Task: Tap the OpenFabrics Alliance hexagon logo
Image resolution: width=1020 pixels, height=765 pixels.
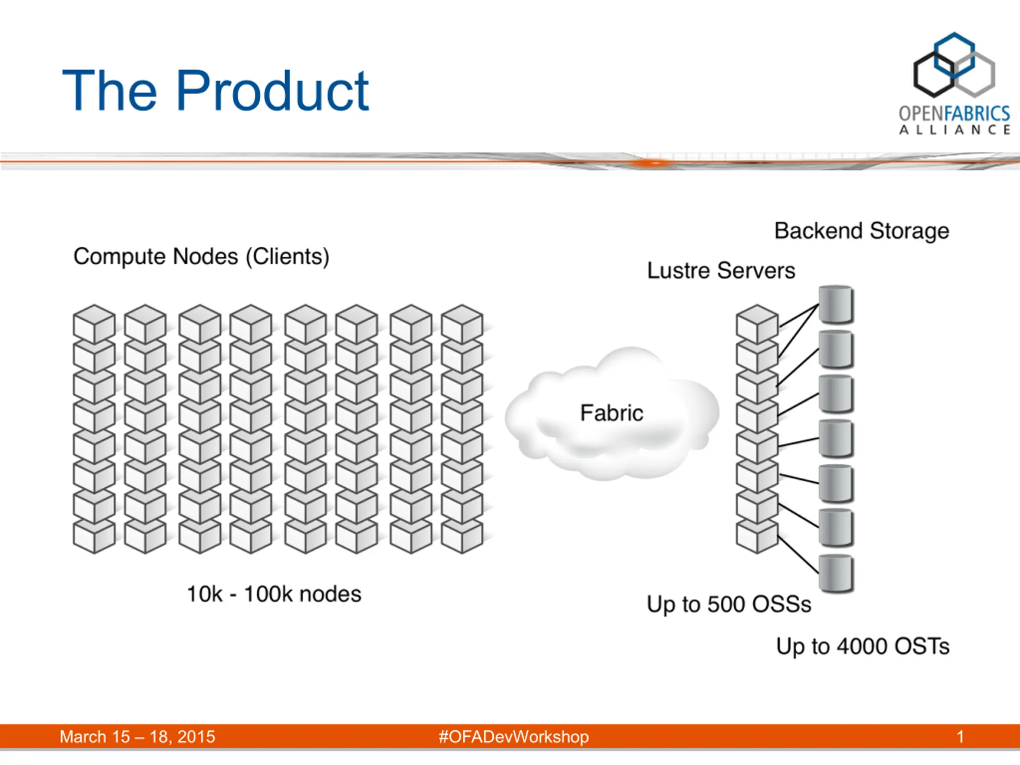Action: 954,65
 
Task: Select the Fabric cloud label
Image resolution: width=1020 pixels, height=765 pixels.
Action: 612,413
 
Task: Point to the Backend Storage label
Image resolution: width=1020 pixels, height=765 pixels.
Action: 862,231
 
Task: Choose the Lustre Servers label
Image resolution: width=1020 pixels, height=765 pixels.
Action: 721,270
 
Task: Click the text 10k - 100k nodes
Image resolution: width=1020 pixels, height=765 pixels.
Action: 274,594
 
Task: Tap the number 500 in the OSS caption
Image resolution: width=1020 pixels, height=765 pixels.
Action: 727,604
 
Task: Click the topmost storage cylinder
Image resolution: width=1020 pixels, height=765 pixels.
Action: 836,304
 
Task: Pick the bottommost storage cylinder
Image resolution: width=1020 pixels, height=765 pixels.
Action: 836,574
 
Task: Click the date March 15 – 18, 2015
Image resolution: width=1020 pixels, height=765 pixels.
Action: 137,737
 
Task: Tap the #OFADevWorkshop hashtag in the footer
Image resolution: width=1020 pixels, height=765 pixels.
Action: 514,737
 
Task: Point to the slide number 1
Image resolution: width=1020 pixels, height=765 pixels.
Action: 960,737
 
